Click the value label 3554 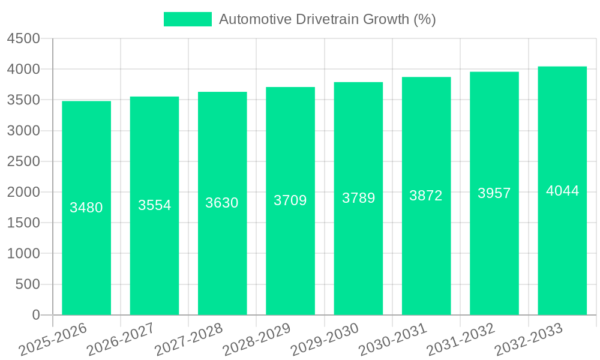point(154,205)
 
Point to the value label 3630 point(222,203)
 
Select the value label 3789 point(358,198)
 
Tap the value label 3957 point(494,193)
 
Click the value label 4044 point(562,191)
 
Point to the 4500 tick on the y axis point(23,39)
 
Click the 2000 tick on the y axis point(23,192)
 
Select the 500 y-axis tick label point(28,284)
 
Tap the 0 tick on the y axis point(35,315)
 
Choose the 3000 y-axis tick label point(23,131)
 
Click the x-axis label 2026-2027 point(121,340)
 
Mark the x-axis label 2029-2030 point(325,340)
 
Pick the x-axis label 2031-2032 point(461,340)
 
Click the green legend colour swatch point(188,19)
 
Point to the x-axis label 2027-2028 point(188,340)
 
